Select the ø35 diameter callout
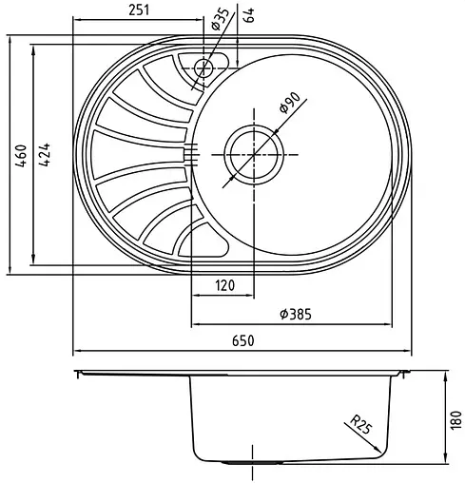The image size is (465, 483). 220,18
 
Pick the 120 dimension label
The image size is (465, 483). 224,285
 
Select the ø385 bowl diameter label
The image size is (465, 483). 296,314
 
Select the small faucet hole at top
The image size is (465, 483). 203,67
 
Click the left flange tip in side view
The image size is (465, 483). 78,371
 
